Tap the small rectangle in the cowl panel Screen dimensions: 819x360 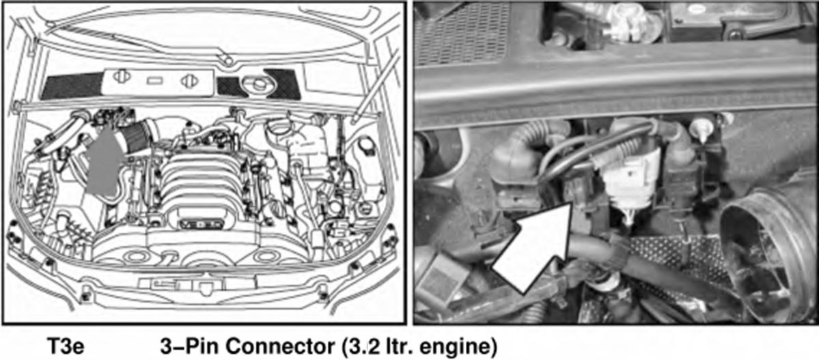pyautogui.click(x=154, y=81)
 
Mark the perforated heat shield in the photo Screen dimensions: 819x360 pyautogui.click(x=679, y=261)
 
